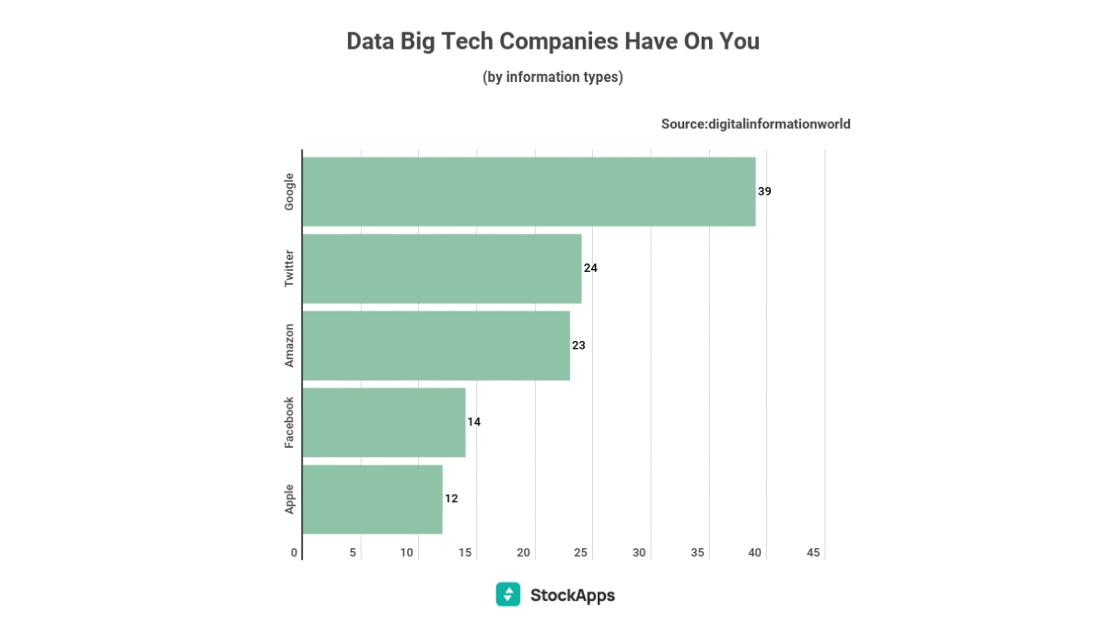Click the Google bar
pos(529,192)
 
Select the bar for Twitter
pos(442,268)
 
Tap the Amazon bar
pos(436,346)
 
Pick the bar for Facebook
pos(384,422)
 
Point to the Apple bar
pos(372,499)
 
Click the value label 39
pos(764,192)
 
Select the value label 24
pos(590,268)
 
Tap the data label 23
pos(578,346)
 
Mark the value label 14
pos(474,422)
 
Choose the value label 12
pos(451,499)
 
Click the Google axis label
pos(289,192)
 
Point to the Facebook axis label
pos(289,422)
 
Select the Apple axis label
pos(289,499)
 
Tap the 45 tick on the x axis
pos(813,553)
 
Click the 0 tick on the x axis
pos(295,553)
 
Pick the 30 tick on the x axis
pos(639,553)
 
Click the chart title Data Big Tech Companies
pos(552,41)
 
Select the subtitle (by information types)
pos(552,77)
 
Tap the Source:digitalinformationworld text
pos(755,123)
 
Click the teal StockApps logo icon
pos(507,594)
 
